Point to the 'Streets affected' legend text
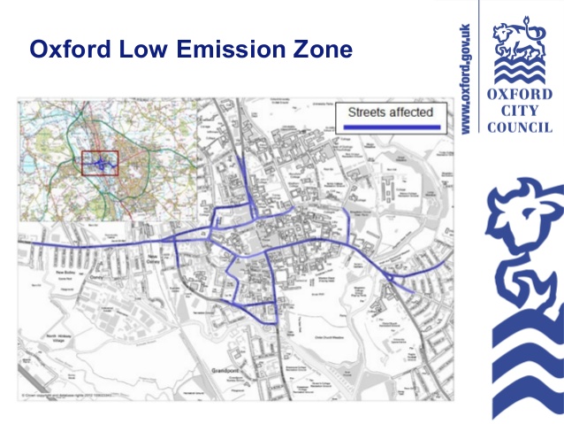click(390, 112)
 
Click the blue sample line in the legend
click(390, 129)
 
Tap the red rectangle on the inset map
click(99, 165)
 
